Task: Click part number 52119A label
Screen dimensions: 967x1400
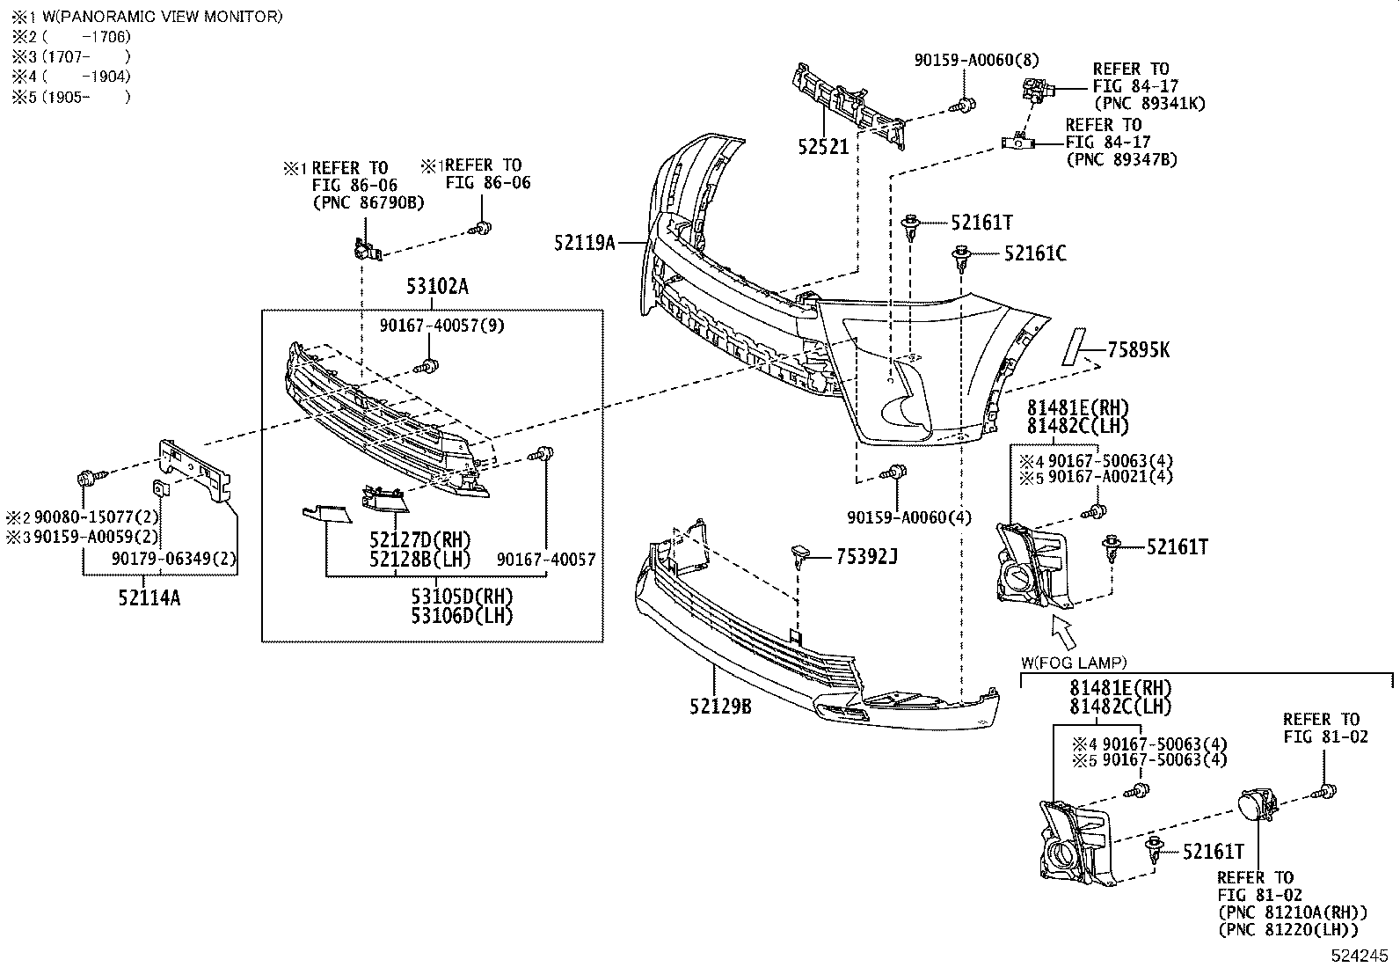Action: click(x=584, y=242)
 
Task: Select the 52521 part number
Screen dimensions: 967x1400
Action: click(x=823, y=147)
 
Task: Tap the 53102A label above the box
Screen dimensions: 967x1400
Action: click(x=437, y=287)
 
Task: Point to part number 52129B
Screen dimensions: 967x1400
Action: click(x=719, y=706)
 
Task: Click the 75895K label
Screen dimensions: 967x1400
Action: click(x=1139, y=350)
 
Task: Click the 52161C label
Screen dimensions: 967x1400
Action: click(x=1035, y=253)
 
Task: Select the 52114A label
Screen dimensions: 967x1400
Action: click(x=149, y=598)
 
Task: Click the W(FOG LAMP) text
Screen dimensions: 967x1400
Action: click(x=1074, y=663)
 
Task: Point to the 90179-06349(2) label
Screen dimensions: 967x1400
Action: click(x=174, y=559)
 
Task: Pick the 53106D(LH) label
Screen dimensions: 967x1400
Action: click(x=461, y=615)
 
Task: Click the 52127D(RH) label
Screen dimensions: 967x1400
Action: click(x=419, y=539)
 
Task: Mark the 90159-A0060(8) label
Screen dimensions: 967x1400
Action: click(x=976, y=60)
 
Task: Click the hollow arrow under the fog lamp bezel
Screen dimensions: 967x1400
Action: click(x=1063, y=632)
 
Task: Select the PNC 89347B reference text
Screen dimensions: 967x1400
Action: click(x=1121, y=159)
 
